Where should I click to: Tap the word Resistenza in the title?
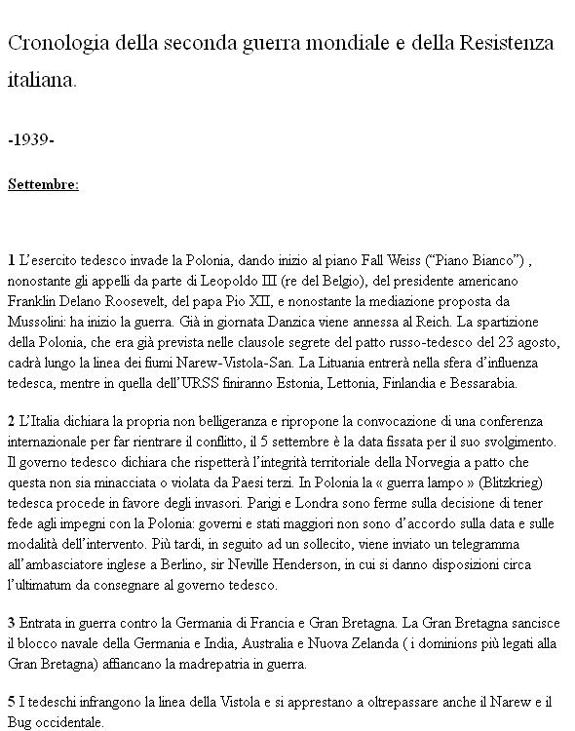[x=501, y=44]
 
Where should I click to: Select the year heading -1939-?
[x=30, y=140]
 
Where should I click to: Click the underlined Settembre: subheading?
[x=43, y=183]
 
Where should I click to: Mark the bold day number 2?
[x=11, y=422]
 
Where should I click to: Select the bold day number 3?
[x=11, y=623]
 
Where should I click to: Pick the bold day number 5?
[x=11, y=702]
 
